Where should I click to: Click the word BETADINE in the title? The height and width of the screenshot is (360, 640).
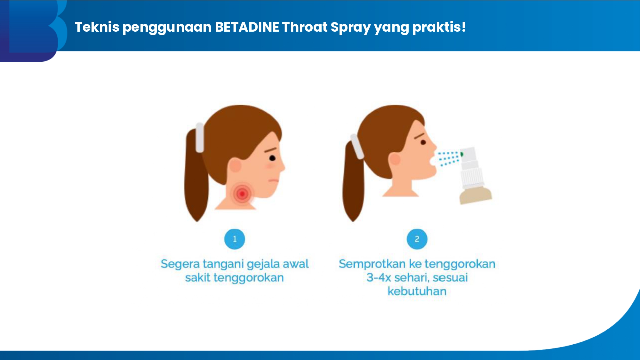coord(247,27)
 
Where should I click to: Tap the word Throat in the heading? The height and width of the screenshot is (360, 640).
coord(305,27)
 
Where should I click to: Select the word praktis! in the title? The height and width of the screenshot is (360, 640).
coord(439,28)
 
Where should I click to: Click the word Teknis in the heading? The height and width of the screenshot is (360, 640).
coord(97,27)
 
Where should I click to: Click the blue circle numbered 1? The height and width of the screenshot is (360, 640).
coord(235,239)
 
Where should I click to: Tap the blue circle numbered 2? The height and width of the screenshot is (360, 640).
coord(417,239)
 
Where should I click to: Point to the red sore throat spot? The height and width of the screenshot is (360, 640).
coord(242,194)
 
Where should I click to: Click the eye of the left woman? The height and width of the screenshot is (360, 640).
coord(272,158)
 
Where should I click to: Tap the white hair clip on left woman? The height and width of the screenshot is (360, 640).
coord(199,138)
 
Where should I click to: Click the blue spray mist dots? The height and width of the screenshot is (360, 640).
coord(449,158)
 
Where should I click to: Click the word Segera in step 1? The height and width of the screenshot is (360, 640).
coord(180,265)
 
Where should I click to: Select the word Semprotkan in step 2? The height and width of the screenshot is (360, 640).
coord(372,265)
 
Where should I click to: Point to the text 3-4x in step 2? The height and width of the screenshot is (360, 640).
coord(379,277)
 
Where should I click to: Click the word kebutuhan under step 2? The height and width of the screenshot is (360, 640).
coord(417,291)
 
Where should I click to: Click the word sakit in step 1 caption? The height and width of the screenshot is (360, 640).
coord(198,277)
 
